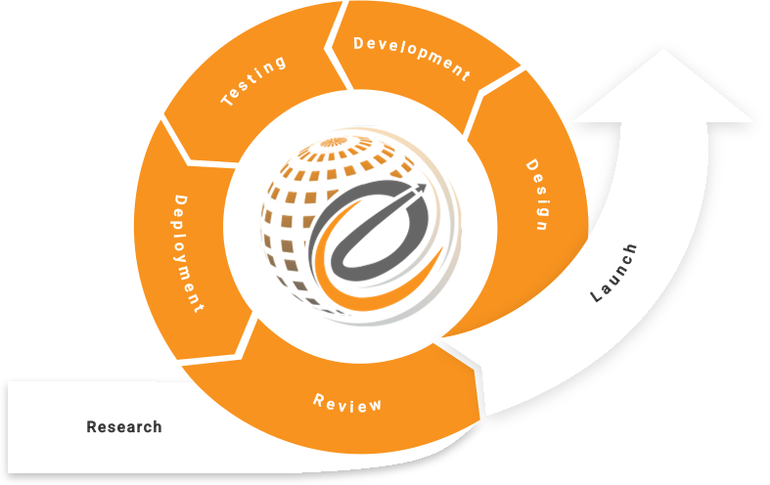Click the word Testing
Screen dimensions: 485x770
click(x=253, y=81)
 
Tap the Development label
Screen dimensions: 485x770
click(x=412, y=58)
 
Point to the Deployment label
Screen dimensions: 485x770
click(x=189, y=253)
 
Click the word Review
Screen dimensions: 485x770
click(x=347, y=402)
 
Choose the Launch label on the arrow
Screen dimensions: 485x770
click(x=614, y=273)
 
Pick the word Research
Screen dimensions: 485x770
click(x=124, y=427)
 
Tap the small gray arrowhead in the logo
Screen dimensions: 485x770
click(x=421, y=187)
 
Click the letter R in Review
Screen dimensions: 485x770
click(x=318, y=397)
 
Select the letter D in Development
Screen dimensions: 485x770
click(x=359, y=43)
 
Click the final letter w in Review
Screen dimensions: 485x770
click(x=377, y=406)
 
